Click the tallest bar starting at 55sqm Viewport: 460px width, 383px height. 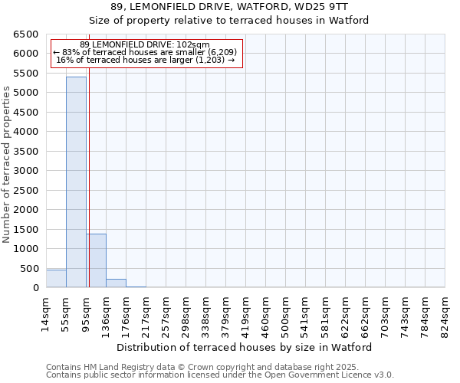click(x=76, y=182)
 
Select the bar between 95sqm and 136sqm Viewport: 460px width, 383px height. click(x=96, y=260)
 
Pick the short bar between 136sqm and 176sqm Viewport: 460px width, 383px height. click(x=116, y=283)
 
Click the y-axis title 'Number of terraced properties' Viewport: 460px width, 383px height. click(x=8, y=165)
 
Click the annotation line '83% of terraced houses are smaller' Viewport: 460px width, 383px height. click(x=146, y=52)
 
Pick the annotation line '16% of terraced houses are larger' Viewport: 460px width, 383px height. click(x=146, y=60)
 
